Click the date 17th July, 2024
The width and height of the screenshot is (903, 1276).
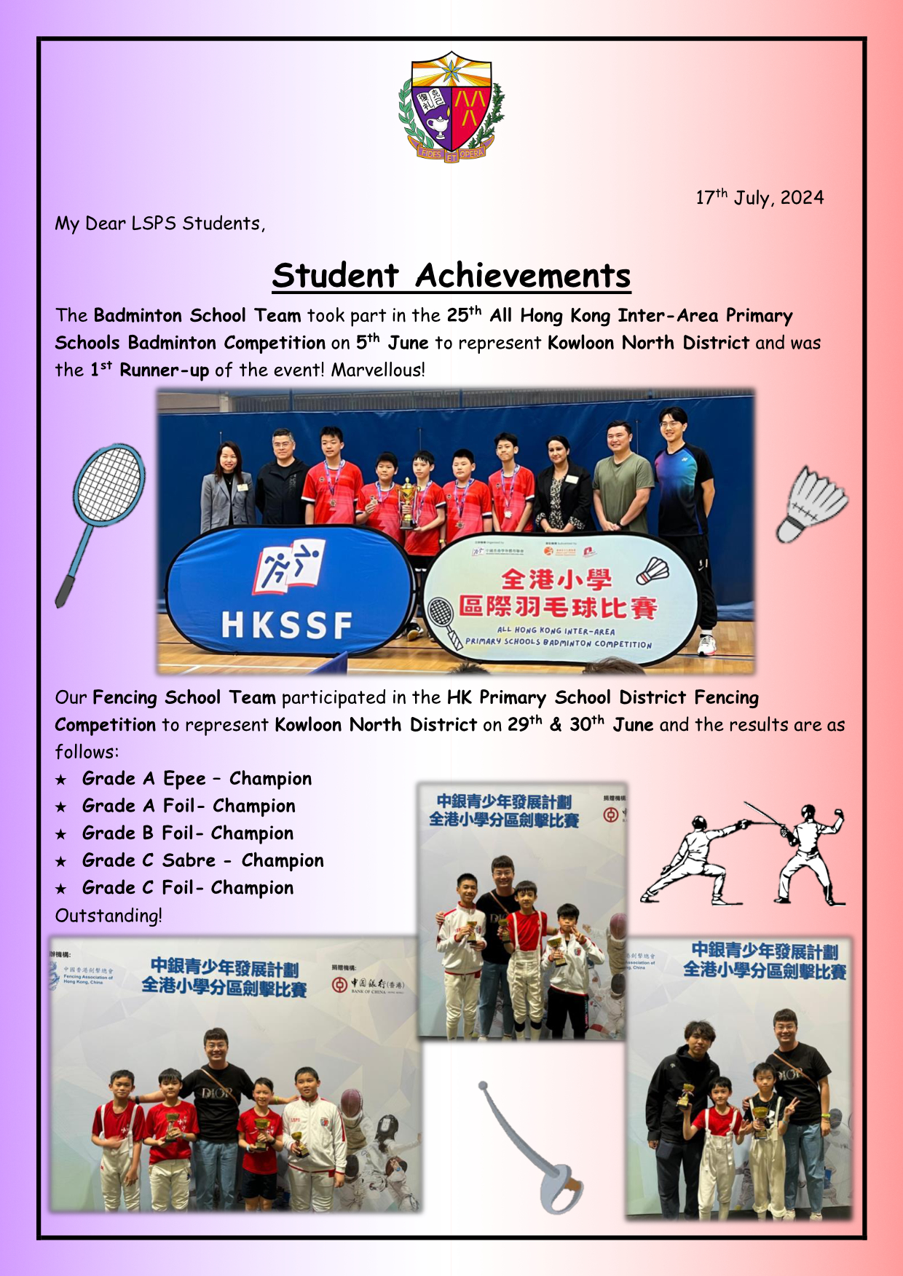point(760,198)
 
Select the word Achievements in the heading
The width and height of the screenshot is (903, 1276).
point(523,276)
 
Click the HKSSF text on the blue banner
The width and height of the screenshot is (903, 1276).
point(286,625)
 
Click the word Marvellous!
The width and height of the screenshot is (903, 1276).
point(378,370)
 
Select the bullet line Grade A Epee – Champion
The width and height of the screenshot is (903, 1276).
point(197,779)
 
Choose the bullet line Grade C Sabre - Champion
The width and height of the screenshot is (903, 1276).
point(202,860)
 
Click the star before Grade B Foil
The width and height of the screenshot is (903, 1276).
point(61,834)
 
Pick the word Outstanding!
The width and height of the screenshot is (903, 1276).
point(109,916)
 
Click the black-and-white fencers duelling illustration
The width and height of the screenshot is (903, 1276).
point(743,853)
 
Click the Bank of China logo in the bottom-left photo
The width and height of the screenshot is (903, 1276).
point(368,985)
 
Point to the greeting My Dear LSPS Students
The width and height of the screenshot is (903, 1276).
point(159,223)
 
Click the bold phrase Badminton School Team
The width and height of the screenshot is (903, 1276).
point(197,315)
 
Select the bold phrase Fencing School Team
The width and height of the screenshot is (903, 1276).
point(184,697)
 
